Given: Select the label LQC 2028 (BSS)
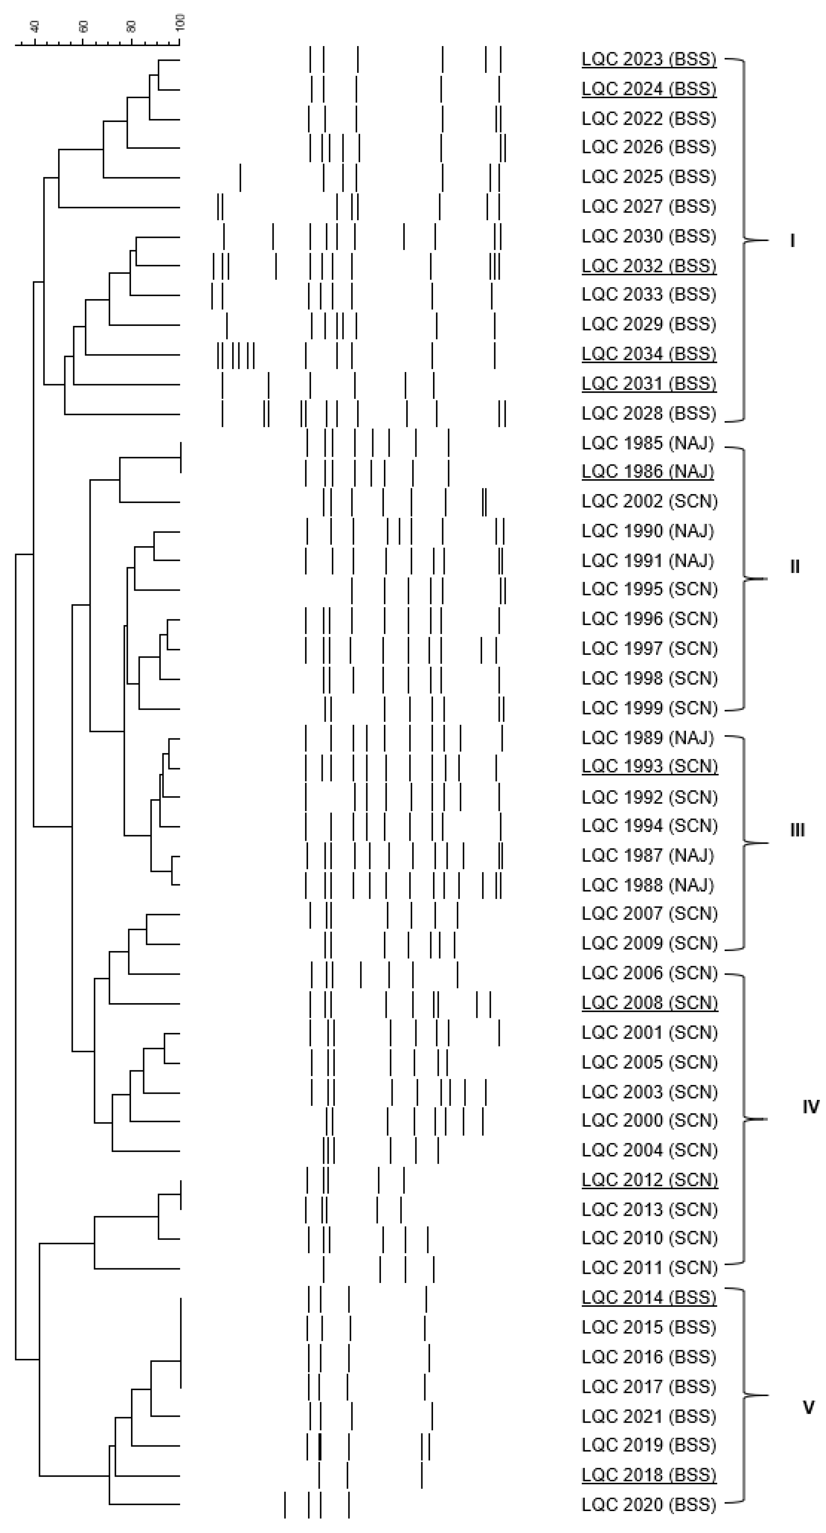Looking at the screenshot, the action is click(649, 413).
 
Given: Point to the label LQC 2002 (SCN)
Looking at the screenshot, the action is click(649, 502).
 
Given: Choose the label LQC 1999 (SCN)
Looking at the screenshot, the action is click(649, 708).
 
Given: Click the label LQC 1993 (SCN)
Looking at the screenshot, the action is click(649, 767).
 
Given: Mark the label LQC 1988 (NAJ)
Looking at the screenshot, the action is click(647, 885).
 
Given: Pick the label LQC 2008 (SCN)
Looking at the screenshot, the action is click(649, 1003).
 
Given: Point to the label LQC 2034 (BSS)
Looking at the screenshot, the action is click(649, 354).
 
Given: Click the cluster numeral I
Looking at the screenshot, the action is click(792, 241).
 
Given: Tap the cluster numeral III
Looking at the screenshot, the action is click(797, 830).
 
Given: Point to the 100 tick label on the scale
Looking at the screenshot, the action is click(180, 23).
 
